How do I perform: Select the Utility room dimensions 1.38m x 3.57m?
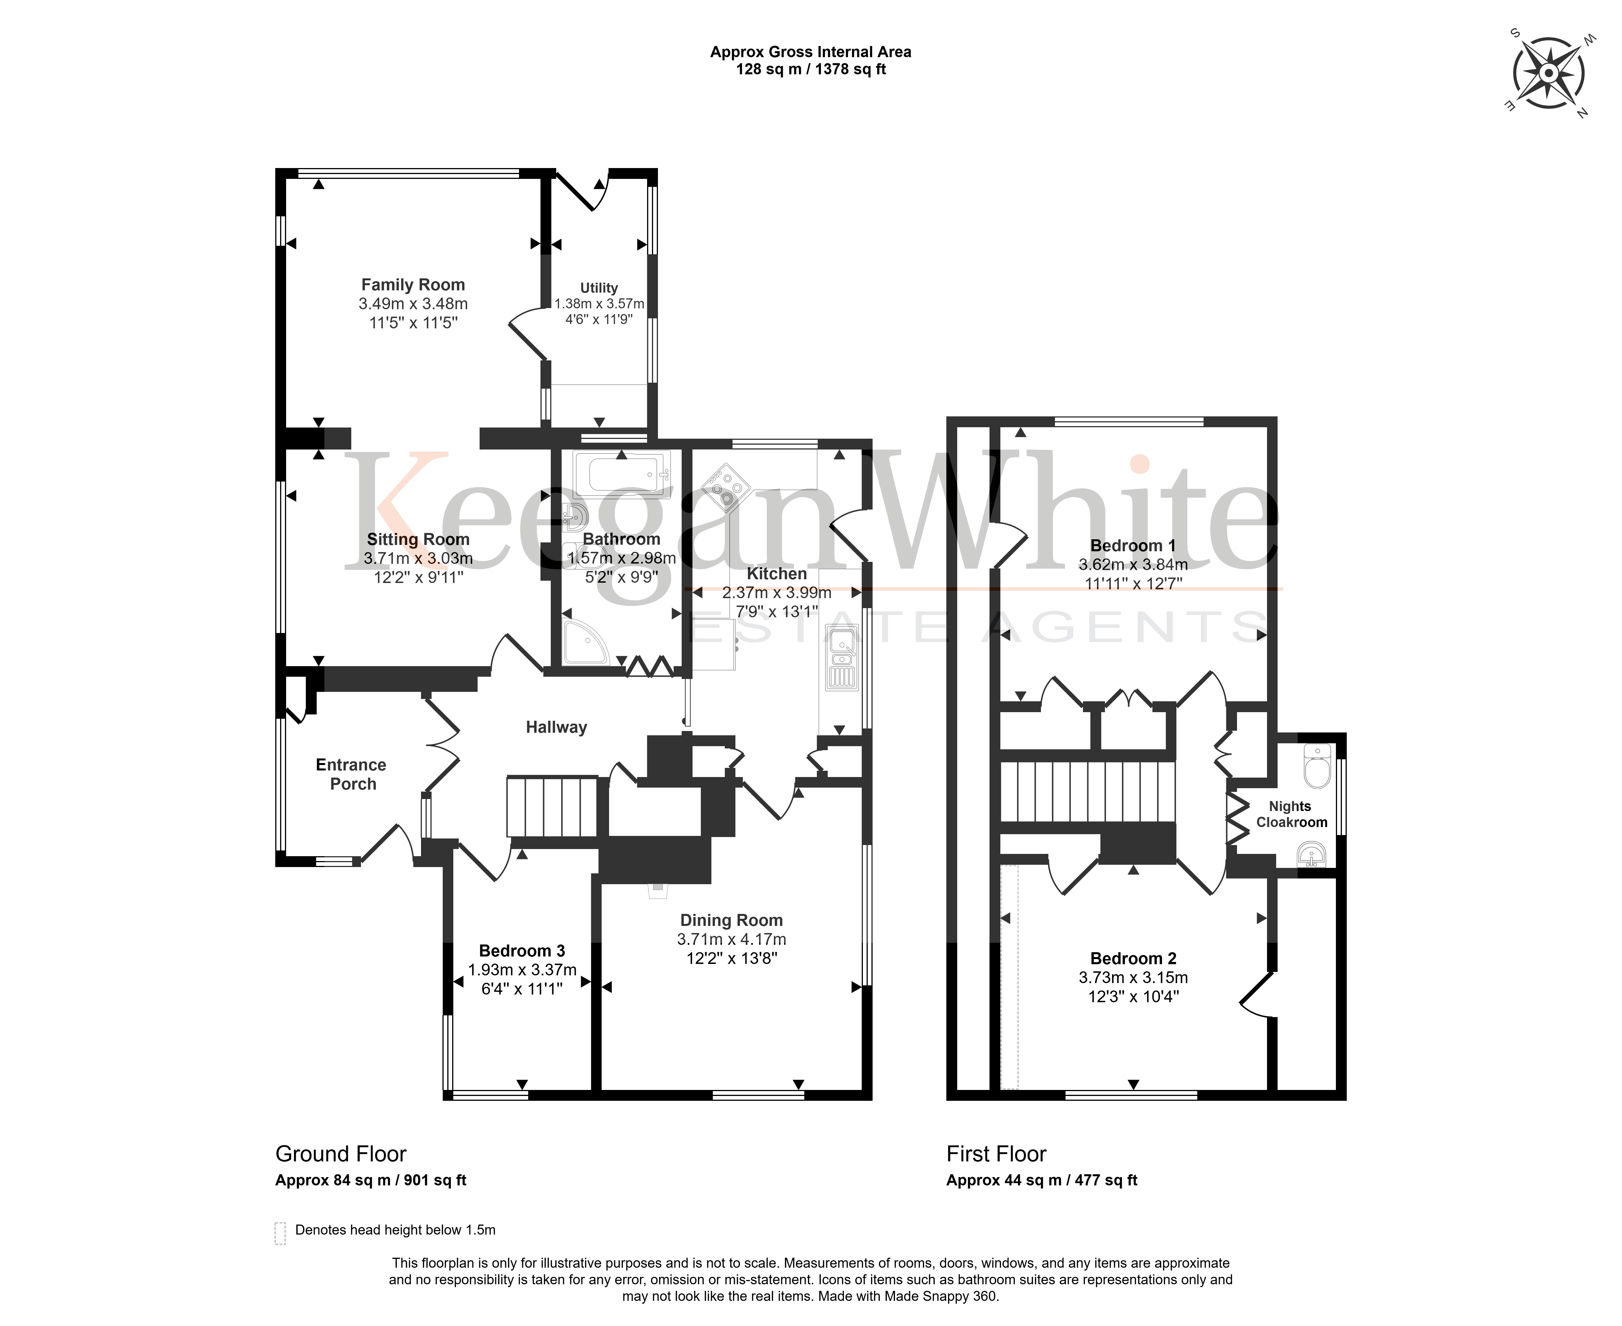(599, 303)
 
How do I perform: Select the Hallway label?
(556, 727)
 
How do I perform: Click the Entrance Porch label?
(352, 774)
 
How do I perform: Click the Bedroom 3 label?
(522, 951)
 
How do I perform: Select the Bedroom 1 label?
(1133, 545)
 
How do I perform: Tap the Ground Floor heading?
(341, 1153)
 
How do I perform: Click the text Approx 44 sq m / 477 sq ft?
(1041, 1180)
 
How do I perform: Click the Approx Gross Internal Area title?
(811, 52)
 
